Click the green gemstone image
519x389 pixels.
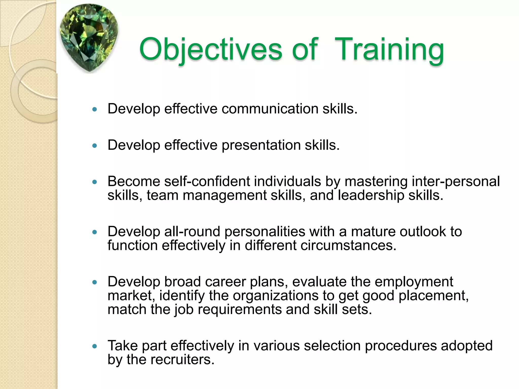pos(89,38)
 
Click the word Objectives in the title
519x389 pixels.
pos(210,49)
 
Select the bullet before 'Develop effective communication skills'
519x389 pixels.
pos(95,110)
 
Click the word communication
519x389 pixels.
pos(270,109)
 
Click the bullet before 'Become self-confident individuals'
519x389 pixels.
pos(95,182)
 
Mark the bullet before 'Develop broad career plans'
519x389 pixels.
pos(95,282)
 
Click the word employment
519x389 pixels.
pos(414,282)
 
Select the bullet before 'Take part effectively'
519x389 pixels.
pos(95,346)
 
